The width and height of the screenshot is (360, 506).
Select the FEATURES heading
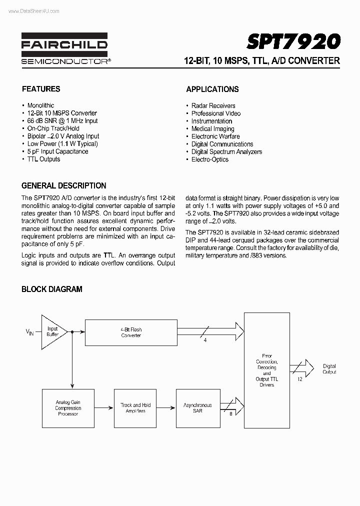41,89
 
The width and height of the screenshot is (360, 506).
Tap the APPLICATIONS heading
212,89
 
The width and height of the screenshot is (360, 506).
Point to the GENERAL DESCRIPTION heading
64,185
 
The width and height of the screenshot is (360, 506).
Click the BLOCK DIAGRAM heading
52,289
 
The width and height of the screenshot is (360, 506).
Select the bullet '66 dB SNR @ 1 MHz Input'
62,120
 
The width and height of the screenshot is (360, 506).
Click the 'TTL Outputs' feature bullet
43,159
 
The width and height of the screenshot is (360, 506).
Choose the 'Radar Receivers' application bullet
213,105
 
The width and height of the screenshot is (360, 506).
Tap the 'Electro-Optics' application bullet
209,159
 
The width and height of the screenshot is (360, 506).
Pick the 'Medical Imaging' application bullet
212,128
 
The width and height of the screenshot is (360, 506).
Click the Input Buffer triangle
52,331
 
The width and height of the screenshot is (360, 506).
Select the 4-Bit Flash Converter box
131,332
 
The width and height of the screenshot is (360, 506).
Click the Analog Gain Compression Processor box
68,408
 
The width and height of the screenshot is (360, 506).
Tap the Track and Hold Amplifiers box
135,408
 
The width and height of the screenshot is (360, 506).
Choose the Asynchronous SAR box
197,408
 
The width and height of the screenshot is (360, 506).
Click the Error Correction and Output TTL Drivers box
266,370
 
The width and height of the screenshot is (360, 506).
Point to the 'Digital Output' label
329,369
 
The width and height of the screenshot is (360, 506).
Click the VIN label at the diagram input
29,332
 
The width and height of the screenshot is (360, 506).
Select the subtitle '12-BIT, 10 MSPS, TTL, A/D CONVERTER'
261,61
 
